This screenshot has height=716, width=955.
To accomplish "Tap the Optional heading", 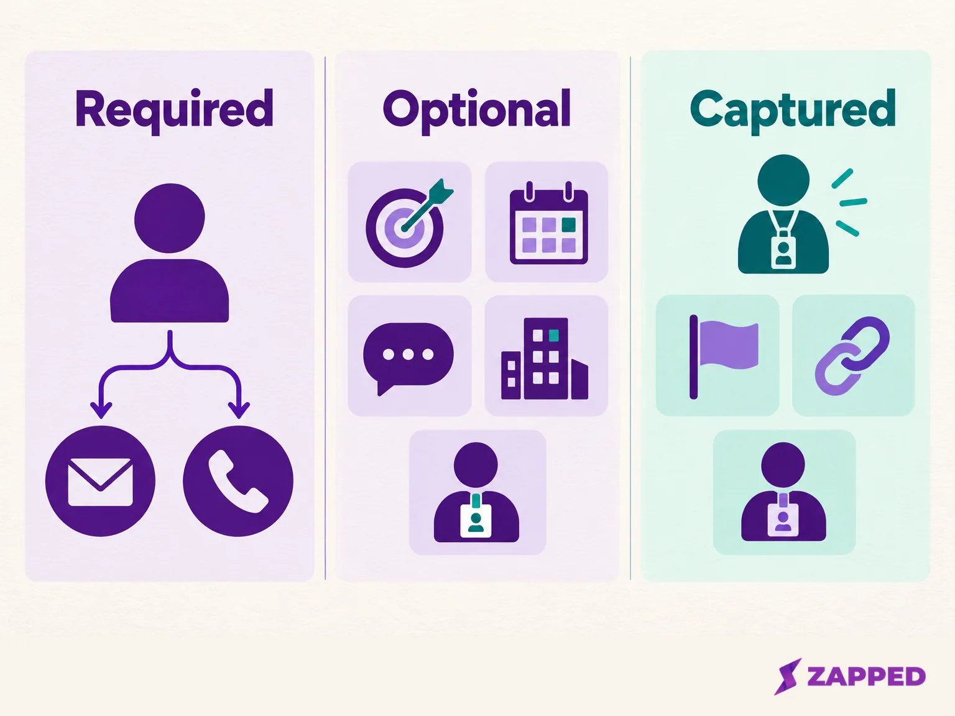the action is pyautogui.click(x=476, y=111).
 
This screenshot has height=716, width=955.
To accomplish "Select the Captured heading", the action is pyautogui.click(x=792, y=111).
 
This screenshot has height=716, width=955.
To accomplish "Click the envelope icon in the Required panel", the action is pyautogui.click(x=101, y=482).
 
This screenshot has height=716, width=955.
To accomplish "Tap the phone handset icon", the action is pyautogui.click(x=238, y=482).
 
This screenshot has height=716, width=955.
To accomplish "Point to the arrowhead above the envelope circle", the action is pyautogui.click(x=101, y=410).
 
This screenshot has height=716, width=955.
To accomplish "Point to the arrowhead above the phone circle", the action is pyautogui.click(x=239, y=410).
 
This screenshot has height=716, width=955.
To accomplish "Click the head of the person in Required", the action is pyautogui.click(x=169, y=218).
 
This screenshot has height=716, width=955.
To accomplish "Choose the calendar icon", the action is pyautogui.click(x=548, y=223).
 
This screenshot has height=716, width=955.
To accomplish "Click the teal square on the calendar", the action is pyautogui.click(x=569, y=225).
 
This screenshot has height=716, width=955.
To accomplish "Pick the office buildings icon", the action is pyautogui.click(x=545, y=358).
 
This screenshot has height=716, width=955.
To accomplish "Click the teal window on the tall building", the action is pyautogui.click(x=554, y=336).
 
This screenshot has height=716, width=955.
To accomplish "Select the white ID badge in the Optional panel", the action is pyautogui.click(x=476, y=521).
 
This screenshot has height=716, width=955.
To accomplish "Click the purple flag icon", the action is pyautogui.click(x=724, y=357).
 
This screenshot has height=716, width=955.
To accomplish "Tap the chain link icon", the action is pyautogui.click(x=852, y=356).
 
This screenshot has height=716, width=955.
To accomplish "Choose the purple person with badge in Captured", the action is pyautogui.click(x=783, y=492).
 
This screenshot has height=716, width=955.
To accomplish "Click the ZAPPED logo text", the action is pyautogui.click(x=866, y=676).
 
